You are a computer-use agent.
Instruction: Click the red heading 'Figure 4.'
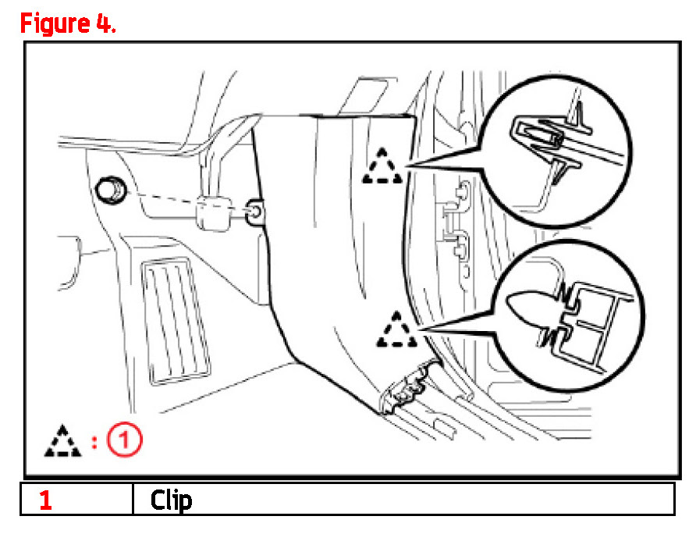tap(68, 23)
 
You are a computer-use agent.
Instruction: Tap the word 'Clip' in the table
tap(171, 500)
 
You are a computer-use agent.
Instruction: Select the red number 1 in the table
tap(46, 500)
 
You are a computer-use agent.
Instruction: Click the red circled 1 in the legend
tap(125, 440)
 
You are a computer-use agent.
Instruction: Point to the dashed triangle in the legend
tap(62, 441)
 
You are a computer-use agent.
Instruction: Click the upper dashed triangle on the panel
tap(382, 166)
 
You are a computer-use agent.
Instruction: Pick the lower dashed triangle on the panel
tap(396, 329)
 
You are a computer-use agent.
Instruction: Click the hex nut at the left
tap(111, 190)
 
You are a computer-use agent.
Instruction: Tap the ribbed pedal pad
tap(176, 320)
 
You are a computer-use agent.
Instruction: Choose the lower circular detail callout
tap(568, 316)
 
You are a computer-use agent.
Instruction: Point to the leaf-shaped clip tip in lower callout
tap(531, 309)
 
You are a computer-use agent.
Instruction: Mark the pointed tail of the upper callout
tap(406, 166)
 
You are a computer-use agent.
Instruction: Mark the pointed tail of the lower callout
tap(419, 329)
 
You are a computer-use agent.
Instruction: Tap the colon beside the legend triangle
tap(94, 442)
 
